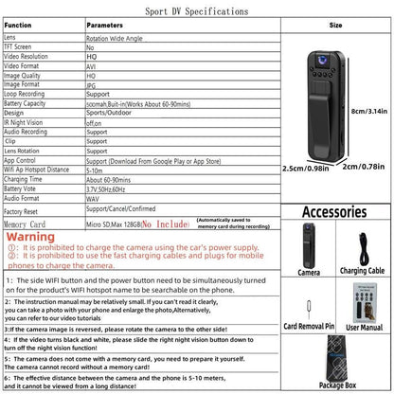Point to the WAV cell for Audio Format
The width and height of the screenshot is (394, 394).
(x=94, y=197)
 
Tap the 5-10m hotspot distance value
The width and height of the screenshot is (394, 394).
(x=97, y=170)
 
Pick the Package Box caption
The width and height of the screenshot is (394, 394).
(x=335, y=386)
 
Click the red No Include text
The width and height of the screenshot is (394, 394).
(x=167, y=225)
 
